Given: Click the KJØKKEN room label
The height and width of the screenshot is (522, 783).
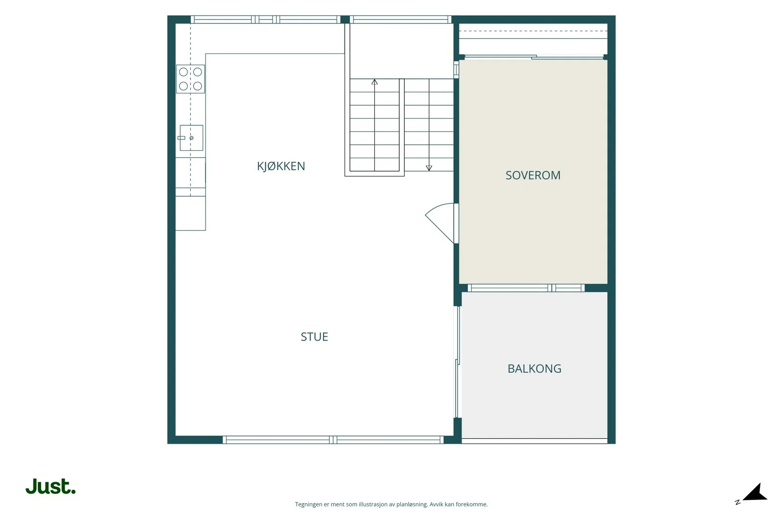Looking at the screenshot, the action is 281,166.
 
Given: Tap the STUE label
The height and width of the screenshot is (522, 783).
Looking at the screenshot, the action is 314,337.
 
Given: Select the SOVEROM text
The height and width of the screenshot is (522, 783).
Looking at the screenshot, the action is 533,175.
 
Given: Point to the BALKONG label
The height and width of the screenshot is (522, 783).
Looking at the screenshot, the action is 534,368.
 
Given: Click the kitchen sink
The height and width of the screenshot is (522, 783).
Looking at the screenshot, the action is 191,137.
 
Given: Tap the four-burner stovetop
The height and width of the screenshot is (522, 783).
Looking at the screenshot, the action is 190,79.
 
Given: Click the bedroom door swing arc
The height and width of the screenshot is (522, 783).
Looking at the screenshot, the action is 437,220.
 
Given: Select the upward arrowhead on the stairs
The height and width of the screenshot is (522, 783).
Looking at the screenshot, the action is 374,82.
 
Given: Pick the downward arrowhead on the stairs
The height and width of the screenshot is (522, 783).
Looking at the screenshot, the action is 429,168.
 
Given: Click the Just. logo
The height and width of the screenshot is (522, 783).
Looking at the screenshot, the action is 51,486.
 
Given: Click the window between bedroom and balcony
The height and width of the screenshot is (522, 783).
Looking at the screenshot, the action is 526,288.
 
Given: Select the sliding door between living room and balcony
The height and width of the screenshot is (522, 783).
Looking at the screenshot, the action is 457,362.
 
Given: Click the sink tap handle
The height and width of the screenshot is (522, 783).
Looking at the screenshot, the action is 182,137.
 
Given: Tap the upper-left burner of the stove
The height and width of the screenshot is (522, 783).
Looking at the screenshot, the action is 184,72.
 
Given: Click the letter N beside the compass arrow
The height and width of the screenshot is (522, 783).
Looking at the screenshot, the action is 737,502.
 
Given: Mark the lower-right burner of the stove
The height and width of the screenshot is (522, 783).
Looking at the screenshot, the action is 198,86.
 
